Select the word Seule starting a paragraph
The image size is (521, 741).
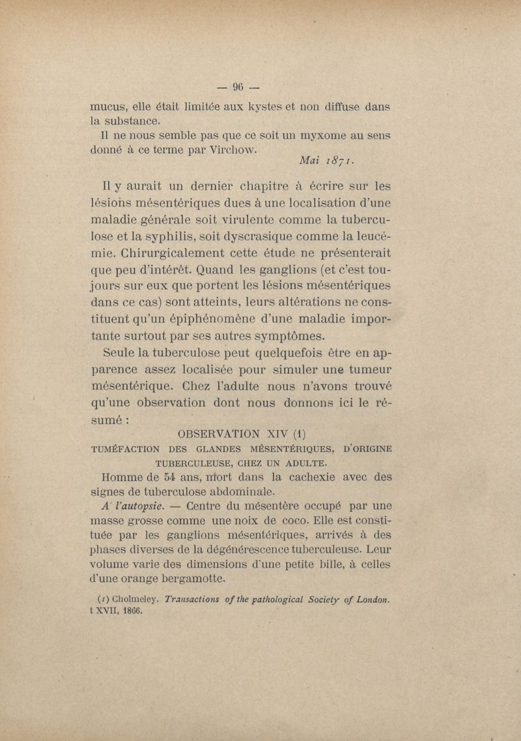tap(122, 355)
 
